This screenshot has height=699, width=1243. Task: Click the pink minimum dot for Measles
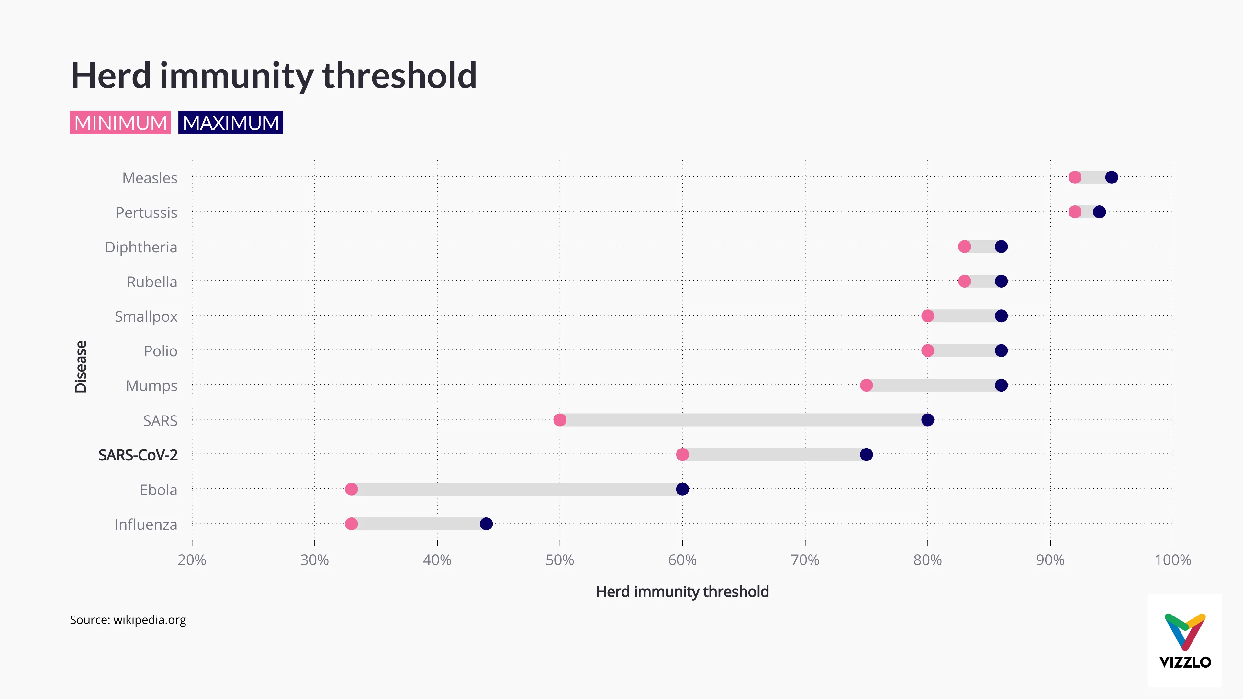1075,178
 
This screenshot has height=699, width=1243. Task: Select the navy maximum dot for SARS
927,420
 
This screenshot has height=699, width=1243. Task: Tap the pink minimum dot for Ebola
351,489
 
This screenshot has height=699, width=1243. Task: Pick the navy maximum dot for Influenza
486,524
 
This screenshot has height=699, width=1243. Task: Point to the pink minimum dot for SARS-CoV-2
682,454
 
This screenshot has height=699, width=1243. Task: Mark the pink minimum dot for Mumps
866,385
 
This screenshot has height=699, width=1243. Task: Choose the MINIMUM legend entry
120,123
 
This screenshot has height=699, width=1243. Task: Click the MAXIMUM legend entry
231,123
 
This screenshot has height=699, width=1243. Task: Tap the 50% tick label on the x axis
560,560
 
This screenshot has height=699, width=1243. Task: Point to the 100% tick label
1172,560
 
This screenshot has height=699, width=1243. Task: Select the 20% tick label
192,560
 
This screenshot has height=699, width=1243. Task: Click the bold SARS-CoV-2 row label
138,455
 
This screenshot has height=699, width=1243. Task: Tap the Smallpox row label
146,316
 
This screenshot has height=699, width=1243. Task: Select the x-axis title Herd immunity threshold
682,592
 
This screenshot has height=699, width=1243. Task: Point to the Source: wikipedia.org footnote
128,620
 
